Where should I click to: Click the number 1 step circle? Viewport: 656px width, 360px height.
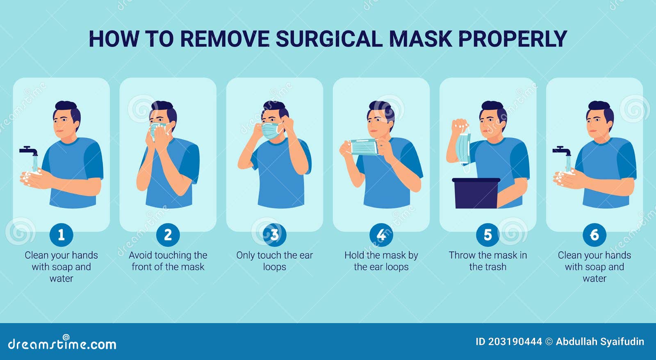pyautogui.click(x=61, y=235)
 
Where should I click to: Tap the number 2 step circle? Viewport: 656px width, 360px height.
pyautogui.click(x=168, y=235)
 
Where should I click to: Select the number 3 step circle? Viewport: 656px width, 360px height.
pyautogui.click(x=274, y=235)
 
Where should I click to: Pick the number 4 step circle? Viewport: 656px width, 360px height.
pyautogui.click(x=381, y=235)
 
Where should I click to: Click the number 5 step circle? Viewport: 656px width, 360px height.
pyautogui.click(x=487, y=235)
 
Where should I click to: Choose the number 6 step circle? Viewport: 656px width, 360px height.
pyautogui.click(x=594, y=235)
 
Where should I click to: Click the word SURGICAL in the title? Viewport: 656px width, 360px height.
pyautogui.click(x=329, y=39)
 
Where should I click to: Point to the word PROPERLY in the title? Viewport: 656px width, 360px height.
pyautogui.click(x=512, y=39)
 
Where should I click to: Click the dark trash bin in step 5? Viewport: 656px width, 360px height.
pyautogui.click(x=476, y=194)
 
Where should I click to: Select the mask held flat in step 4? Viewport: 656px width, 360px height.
pyautogui.click(x=364, y=147)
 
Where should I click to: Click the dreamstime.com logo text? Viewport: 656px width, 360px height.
pyautogui.click(x=62, y=344)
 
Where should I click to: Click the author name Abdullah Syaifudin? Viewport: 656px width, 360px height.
pyautogui.click(x=600, y=342)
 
